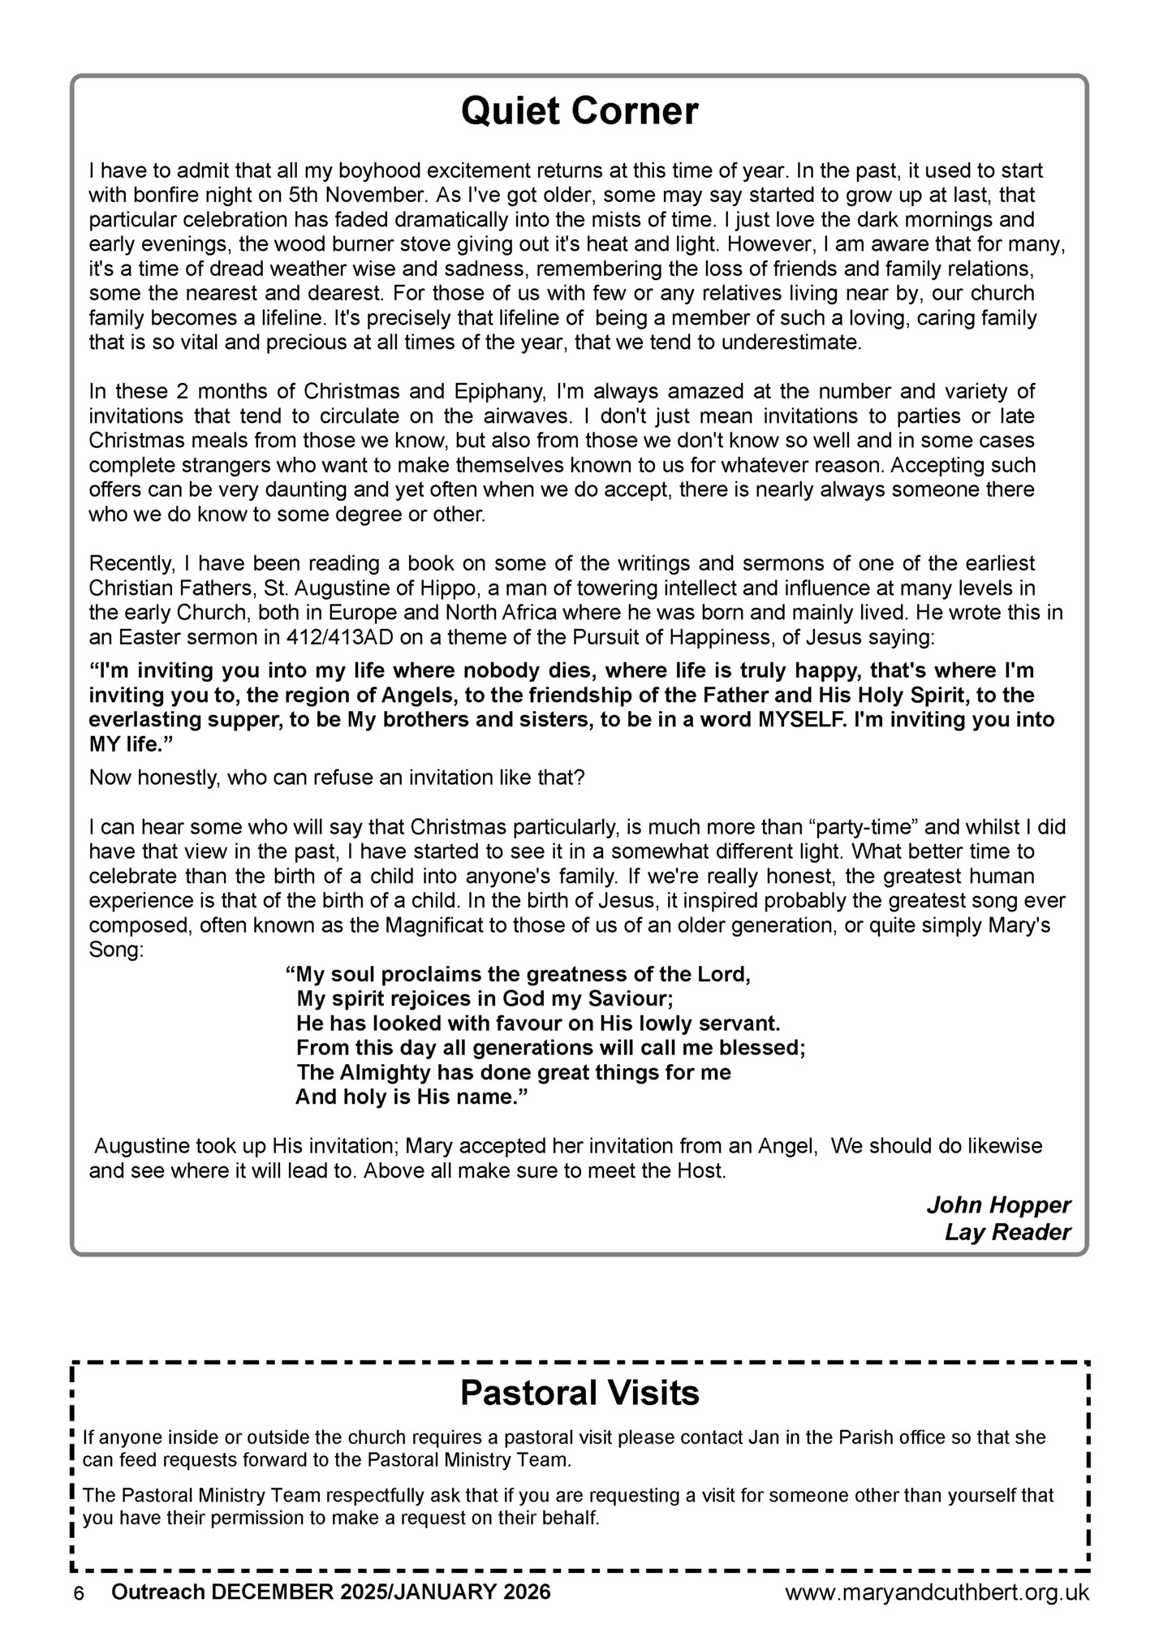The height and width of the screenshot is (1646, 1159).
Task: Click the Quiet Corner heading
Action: [579, 111]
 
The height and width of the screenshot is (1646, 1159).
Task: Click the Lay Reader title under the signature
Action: [1007, 1232]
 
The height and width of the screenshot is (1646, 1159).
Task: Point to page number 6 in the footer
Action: [79, 1593]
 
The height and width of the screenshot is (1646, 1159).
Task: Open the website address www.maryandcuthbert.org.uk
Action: [937, 1592]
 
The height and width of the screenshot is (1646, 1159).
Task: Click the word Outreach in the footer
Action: [157, 1592]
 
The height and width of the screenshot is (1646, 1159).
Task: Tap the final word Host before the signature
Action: [700, 1171]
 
